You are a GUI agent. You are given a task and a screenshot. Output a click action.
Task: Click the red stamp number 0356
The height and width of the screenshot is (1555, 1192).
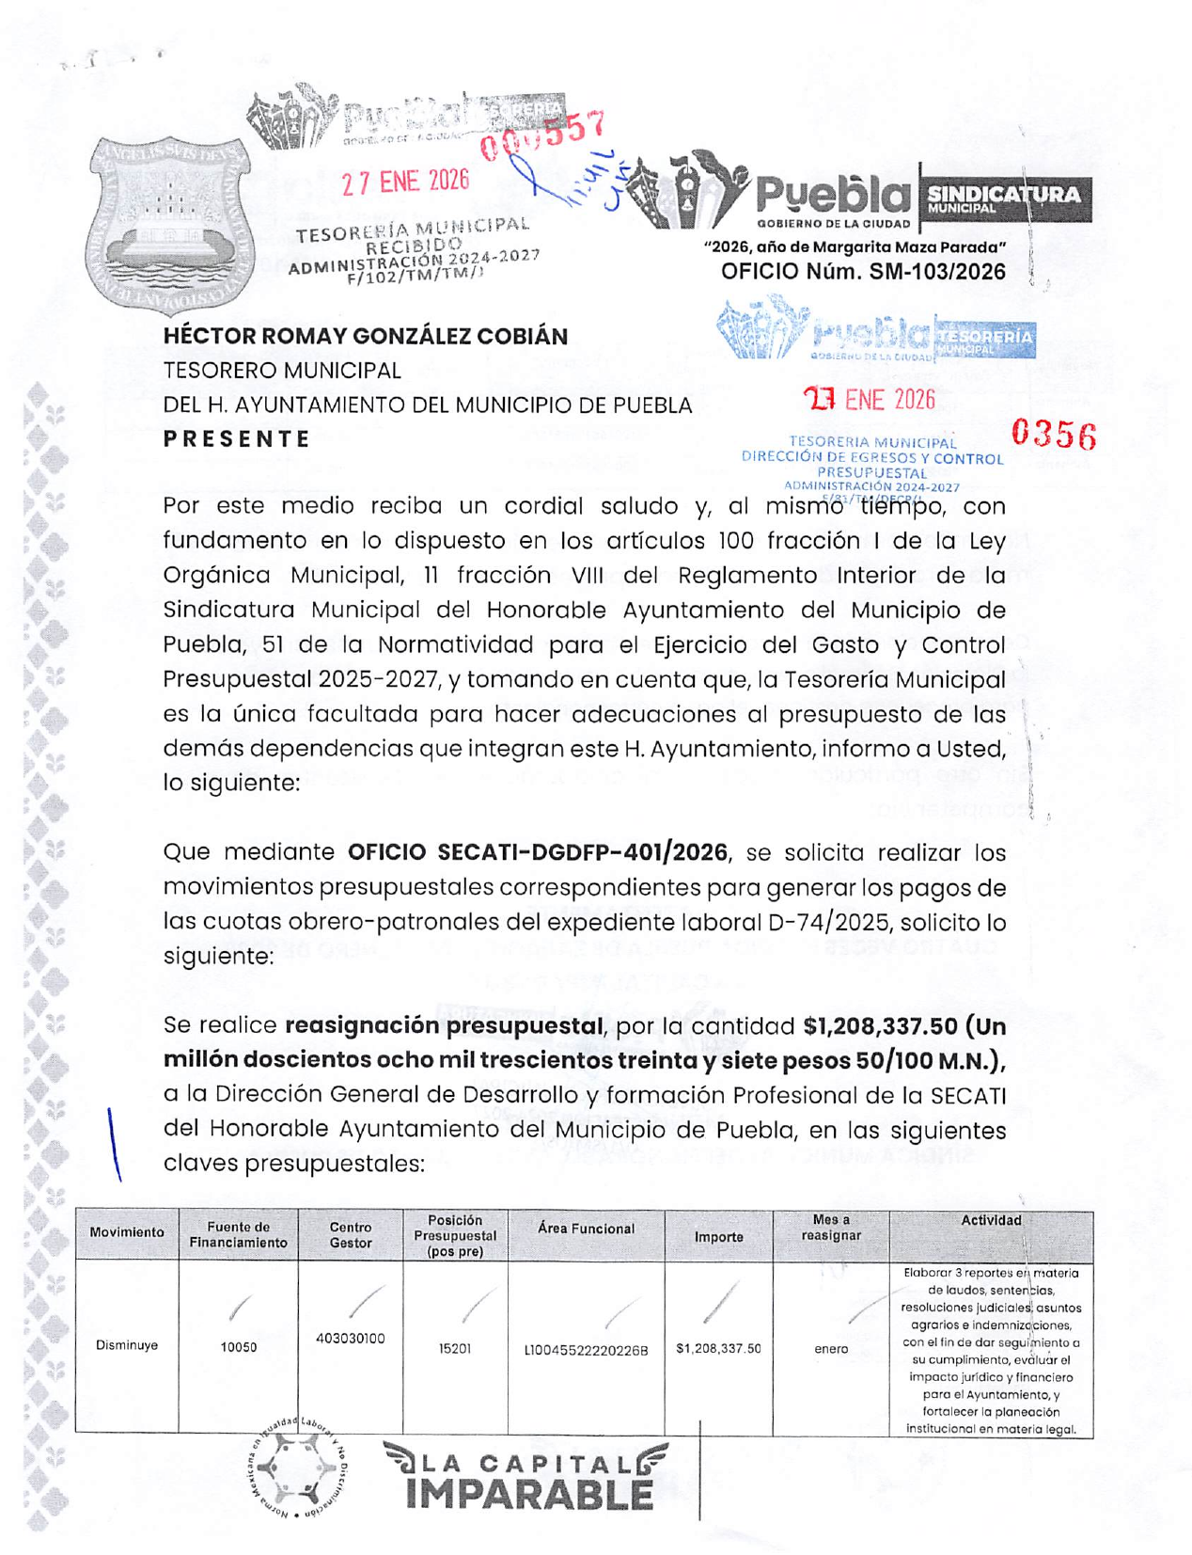point(1053,435)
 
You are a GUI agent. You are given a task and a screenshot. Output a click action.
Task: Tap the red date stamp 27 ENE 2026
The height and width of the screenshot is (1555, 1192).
point(405,180)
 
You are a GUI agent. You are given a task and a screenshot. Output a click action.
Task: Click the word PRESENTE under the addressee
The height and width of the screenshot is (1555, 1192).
point(237,439)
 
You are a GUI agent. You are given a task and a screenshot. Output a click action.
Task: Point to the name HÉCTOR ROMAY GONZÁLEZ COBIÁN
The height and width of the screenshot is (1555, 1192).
point(366,336)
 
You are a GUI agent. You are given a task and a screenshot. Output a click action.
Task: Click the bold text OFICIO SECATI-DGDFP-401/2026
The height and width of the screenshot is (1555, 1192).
point(537,852)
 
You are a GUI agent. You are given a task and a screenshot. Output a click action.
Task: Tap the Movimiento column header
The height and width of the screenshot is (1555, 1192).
point(127,1232)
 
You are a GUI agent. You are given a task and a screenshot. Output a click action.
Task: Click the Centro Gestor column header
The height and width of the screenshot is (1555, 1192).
point(350,1234)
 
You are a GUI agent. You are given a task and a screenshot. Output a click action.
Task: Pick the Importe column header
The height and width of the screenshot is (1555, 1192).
point(718,1237)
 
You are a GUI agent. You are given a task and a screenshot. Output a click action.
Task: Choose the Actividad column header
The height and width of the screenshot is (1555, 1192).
point(991,1220)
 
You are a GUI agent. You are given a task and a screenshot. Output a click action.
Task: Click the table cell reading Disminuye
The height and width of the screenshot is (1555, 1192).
point(127,1345)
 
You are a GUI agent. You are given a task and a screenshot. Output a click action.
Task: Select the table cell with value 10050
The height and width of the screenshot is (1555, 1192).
point(239,1347)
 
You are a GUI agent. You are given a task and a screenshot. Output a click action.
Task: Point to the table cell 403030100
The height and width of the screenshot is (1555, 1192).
point(350,1338)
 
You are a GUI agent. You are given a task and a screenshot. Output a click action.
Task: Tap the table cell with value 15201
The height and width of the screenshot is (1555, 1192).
point(455,1348)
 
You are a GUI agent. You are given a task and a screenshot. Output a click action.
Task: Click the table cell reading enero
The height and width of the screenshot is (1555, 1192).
point(831,1348)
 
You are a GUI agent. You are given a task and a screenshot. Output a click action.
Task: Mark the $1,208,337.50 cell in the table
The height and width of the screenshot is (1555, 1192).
point(718,1348)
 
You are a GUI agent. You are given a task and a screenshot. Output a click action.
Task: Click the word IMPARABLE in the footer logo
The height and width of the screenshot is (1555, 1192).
point(529,1494)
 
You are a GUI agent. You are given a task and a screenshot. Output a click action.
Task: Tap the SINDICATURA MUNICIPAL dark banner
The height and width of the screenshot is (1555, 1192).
point(1004,198)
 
